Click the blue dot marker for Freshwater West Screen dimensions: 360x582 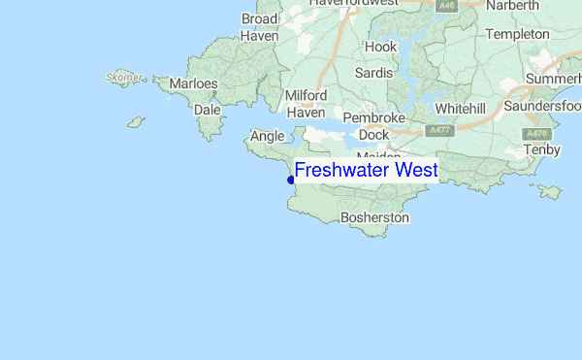tap(291, 180)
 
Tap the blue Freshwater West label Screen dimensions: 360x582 tap(366, 171)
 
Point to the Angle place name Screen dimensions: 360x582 tap(267, 137)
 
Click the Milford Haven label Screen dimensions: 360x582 tap(306, 104)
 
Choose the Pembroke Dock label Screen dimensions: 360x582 tap(367, 126)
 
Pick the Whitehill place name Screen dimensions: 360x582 tap(467, 108)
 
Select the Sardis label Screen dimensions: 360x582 tap(373, 73)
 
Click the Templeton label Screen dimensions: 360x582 tap(517, 34)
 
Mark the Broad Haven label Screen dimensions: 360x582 tap(259, 27)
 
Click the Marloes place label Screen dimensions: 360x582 tap(193, 84)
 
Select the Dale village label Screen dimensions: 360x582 tap(207, 110)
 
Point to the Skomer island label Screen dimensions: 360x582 tap(125, 77)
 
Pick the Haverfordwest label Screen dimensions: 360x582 tap(354, 4)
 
